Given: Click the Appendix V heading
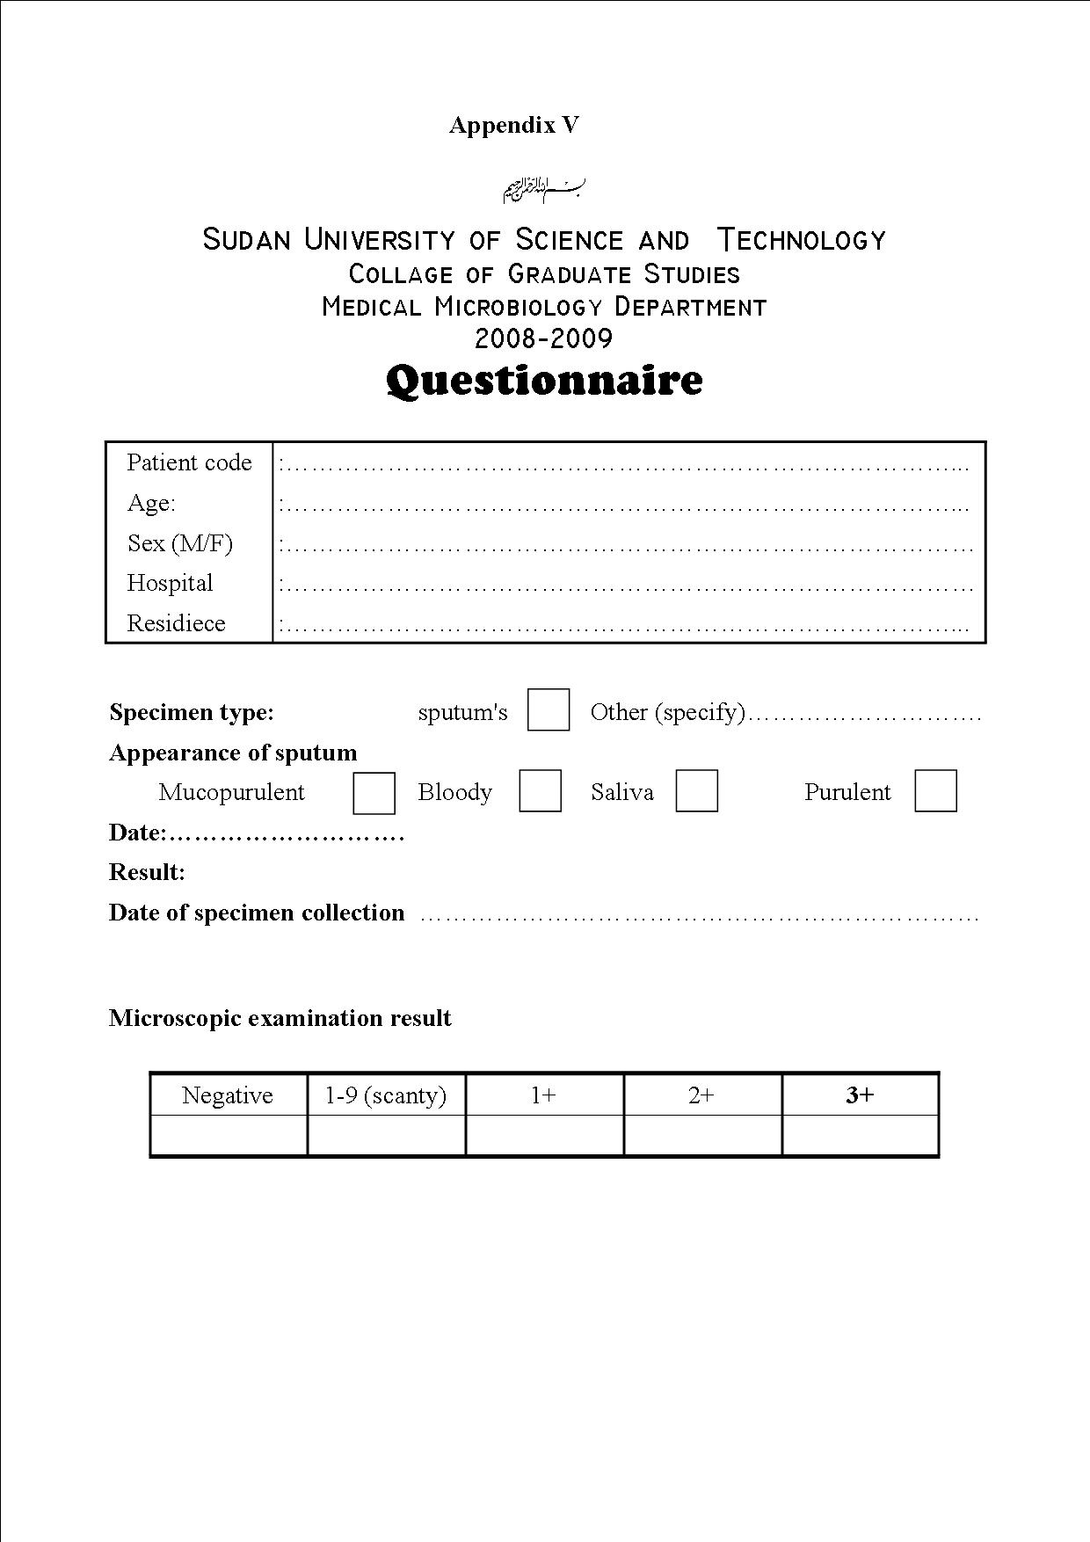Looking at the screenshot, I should pos(514,125).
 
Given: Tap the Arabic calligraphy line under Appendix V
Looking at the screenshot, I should pos(544,188).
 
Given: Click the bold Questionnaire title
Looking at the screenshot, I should pos(544,381).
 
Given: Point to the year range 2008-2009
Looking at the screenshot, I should pos(543,338).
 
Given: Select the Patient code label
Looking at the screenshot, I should pos(189,462).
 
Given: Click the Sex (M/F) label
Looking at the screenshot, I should pos(180,543).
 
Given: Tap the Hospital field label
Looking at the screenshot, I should pos(170,583).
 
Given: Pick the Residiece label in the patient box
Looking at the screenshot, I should pos(176,623).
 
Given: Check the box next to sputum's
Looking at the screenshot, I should pos(549,710).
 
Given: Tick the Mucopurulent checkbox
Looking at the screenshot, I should pos(374,792).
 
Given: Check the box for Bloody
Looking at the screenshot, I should pos(540,791).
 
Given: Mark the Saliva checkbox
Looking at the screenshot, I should pos(696,791).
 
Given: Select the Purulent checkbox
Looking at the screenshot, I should pos(935,791).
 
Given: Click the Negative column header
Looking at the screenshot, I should pos(228,1095).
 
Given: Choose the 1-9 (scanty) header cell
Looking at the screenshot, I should pos(386,1095).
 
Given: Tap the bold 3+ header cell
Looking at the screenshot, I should pos(860,1095).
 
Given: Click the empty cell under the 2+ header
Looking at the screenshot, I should pos(702,1135).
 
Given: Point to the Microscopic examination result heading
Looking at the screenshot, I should pos(280,1018).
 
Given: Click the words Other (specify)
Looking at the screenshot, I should pos(667,712).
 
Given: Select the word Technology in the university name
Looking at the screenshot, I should pos(801,240).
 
